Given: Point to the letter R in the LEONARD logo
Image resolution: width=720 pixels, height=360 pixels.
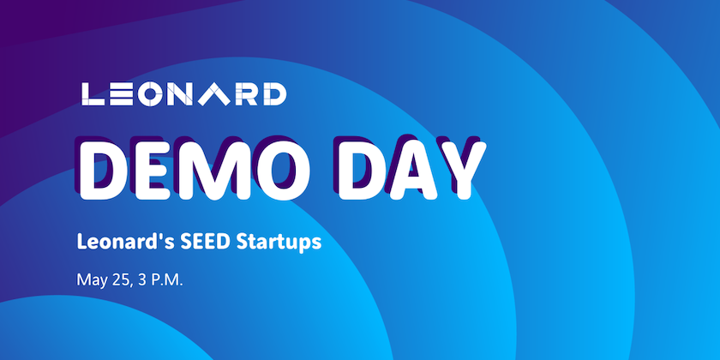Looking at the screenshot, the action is pyautogui.click(x=245, y=94).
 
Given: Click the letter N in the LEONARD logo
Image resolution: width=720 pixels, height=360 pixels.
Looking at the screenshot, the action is pyautogui.click(x=181, y=94).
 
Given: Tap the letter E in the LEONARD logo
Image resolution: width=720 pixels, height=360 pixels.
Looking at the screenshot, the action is pyautogui.click(x=123, y=94).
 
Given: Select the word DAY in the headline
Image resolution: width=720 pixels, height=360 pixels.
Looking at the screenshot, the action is pyautogui.click(x=411, y=171).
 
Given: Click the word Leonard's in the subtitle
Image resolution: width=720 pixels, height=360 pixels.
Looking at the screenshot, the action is pyautogui.click(x=125, y=242).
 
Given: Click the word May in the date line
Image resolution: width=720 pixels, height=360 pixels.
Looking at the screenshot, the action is pyautogui.click(x=92, y=280).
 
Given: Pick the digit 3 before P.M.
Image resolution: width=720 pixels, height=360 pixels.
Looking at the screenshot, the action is pyautogui.click(x=142, y=279).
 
